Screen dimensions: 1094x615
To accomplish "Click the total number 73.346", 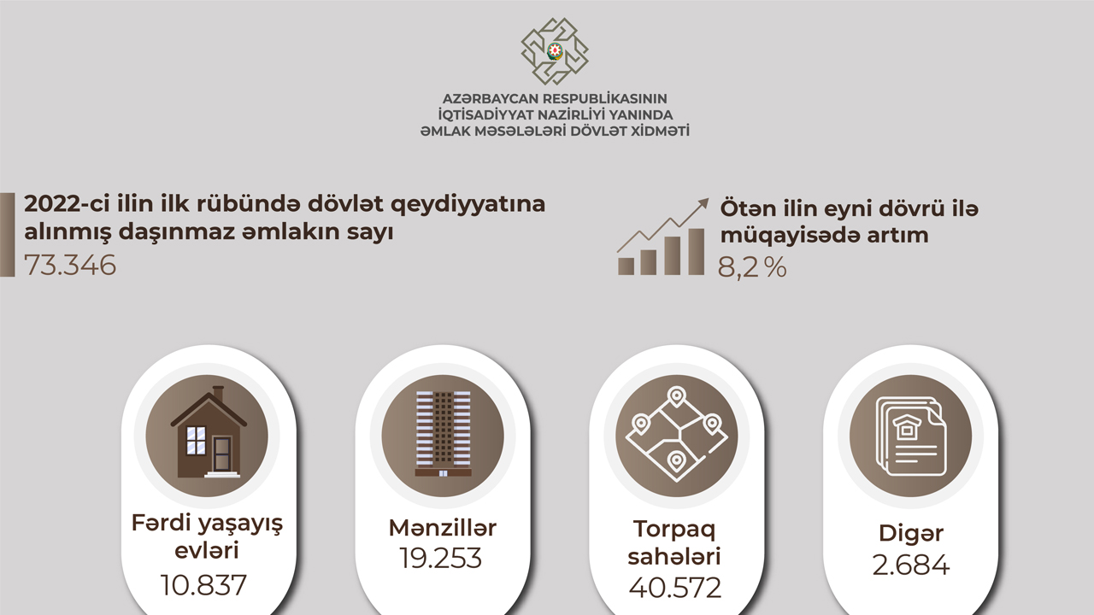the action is (70, 265).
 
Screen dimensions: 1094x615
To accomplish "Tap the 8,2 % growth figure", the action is (752, 267).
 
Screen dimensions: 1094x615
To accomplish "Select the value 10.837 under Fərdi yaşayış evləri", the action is (203, 585).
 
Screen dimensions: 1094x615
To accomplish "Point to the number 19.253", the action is (440, 558).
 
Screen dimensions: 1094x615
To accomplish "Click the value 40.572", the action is (675, 587).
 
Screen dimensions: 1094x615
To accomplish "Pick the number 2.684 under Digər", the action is (911, 565).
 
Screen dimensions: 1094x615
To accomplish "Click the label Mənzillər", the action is (443, 528).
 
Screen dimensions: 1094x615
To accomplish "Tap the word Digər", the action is (911, 534).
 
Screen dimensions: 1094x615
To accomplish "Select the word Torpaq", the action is (674, 530).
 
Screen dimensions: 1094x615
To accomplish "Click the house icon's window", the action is (197, 441).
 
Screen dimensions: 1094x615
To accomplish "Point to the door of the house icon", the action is (222, 454).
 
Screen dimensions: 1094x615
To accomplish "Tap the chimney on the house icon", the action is (218, 393).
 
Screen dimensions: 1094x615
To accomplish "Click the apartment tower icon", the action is (443, 433).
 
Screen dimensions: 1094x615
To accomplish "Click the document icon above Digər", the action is (911, 436).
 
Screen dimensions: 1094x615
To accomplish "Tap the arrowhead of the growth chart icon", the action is (703, 203).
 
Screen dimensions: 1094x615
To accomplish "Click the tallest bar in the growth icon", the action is (696, 252).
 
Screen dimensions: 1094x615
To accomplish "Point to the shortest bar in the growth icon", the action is (626, 266).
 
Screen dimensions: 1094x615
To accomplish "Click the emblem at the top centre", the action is (555, 51).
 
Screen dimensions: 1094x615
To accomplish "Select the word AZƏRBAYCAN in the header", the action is (490, 98).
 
